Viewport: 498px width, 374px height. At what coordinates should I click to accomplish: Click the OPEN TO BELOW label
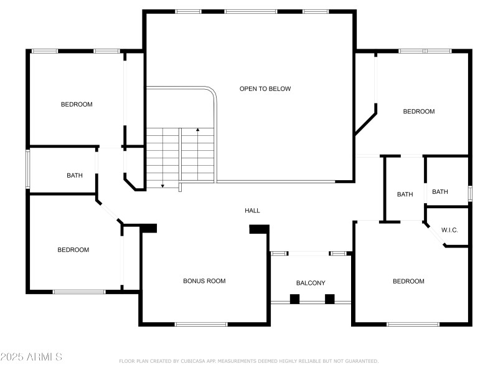click(x=265, y=89)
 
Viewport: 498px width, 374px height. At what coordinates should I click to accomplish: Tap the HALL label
click(x=252, y=211)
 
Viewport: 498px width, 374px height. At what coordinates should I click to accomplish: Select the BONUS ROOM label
click(x=204, y=281)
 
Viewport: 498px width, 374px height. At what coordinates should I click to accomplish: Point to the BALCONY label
click(x=311, y=283)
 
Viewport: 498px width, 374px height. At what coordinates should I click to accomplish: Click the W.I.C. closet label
click(x=449, y=230)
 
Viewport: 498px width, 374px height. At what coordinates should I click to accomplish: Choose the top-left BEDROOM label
click(x=77, y=104)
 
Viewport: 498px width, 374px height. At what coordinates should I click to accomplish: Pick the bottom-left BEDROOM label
click(x=73, y=250)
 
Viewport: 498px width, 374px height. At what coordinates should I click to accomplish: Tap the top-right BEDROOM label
click(x=419, y=112)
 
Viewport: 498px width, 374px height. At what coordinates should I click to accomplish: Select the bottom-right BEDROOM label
click(x=408, y=281)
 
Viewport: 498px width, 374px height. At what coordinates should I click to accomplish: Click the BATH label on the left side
click(x=75, y=175)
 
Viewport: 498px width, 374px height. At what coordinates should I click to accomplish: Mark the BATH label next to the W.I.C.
click(x=440, y=192)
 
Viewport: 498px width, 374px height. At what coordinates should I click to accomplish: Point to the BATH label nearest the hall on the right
click(x=405, y=194)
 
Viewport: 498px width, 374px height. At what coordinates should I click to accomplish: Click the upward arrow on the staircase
click(x=198, y=130)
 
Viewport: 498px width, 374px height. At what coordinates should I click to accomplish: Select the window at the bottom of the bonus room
click(x=201, y=324)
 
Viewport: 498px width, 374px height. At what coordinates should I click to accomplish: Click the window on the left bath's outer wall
click(x=27, y=168)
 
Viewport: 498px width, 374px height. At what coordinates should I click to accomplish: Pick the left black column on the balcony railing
click(x=294, y=299)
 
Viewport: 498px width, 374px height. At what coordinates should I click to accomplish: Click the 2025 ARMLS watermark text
click(x=31, y=357)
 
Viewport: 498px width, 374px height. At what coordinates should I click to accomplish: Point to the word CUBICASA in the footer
click(x=192, y=361)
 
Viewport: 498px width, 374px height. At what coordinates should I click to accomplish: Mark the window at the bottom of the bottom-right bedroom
click(x=413, y=324)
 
